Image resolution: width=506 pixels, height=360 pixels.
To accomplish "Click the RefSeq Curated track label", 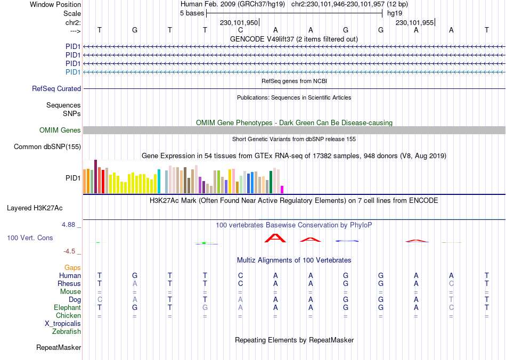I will coord(56,89).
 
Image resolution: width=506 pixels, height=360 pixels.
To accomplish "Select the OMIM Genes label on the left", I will coord(60,130).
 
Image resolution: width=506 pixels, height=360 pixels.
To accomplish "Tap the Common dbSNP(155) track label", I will coord(47,147).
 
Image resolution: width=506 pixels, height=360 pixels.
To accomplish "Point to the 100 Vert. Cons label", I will coord(30,238).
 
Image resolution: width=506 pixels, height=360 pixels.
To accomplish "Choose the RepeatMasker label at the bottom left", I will coord(59,348).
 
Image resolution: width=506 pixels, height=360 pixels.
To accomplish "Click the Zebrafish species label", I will coord(67,332).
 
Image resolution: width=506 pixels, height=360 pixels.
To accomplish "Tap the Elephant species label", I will coord(68,308).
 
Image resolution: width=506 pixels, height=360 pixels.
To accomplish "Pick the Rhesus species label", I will coord(69,284).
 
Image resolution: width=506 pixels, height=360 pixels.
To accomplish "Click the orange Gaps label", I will coord(72,267).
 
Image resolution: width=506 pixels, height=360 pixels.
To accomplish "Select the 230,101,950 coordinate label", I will coord(239,23).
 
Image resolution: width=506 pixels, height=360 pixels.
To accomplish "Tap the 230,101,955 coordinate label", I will coord(414,23).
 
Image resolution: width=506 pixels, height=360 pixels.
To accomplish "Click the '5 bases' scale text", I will coord(192,13).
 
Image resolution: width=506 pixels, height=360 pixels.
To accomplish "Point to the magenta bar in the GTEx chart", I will coord(282,189).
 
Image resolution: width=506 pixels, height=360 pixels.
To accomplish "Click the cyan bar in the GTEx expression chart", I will coord(159,181).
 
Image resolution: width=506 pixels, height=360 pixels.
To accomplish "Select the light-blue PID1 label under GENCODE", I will coord(73,72).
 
